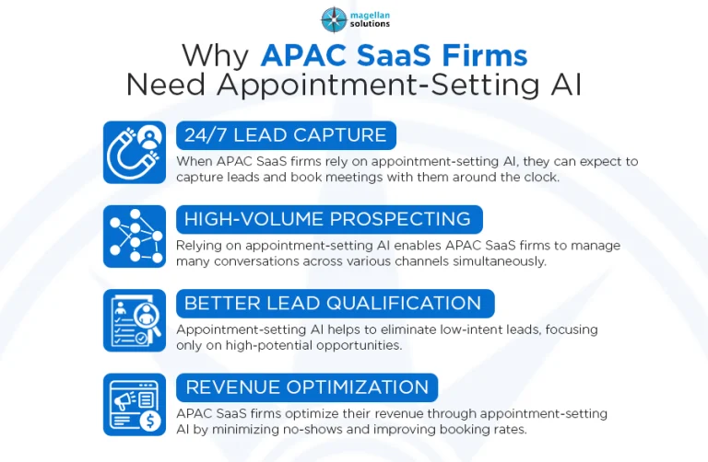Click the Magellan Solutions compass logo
tap(334, 19)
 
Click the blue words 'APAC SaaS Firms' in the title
tap(394, 55)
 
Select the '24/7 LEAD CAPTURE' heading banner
tap(286, 135)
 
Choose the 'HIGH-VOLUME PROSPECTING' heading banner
tap(328, 219)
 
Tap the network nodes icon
tap(134, 236)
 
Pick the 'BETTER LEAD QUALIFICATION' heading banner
tap(334, 303)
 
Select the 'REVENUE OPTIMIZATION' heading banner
tap(307, 387)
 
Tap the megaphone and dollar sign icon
tap(134, 404)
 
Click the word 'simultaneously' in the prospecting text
tap(497, 261)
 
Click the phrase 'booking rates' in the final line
tap(525, 429)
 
